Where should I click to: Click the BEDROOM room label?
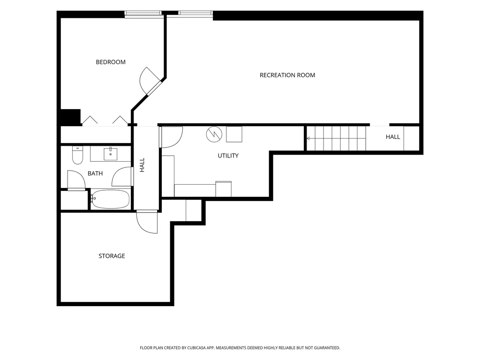111,62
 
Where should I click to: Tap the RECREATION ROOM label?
287,75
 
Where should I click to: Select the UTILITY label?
228,156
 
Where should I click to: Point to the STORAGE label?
112,256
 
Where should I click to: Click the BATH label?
95,173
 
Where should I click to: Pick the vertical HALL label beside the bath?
142,165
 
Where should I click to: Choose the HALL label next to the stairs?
393,137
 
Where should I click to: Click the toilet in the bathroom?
77,155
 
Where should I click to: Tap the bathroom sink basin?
110,154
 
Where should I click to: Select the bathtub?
110,199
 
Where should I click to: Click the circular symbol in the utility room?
214,134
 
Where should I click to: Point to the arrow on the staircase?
336,139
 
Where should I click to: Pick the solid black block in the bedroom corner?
71,117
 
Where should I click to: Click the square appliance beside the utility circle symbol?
234,134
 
